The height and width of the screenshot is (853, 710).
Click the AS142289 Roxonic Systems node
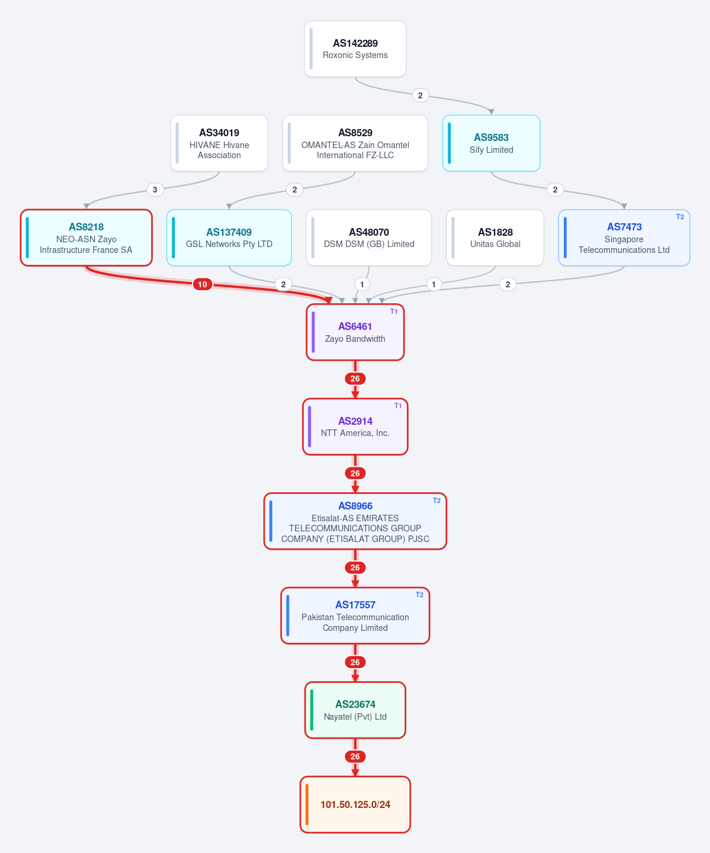[355, 49]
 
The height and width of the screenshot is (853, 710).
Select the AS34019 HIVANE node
[219, 143]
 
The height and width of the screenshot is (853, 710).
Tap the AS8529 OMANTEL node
[355, 143]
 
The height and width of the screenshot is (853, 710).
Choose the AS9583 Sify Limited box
[491, 143]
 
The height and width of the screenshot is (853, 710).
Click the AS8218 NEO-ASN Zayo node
[86, 238]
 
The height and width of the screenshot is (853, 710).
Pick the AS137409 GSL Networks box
[229, 238]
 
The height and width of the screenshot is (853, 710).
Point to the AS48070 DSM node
[369, 238]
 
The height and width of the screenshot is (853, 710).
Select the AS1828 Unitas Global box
[495, 238]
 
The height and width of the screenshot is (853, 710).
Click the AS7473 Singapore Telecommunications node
[624, 238]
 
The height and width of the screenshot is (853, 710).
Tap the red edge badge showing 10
[202, 284]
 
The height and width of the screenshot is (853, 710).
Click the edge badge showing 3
[155, 190]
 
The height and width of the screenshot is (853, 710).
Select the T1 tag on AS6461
[394, 312]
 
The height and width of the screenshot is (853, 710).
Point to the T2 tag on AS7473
[680, 217]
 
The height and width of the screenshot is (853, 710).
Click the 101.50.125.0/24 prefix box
[355, 804]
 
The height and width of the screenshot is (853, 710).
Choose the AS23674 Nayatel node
[355, 710]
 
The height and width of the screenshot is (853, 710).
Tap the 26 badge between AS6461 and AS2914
[355, 379]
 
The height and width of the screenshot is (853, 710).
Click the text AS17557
[355, 605]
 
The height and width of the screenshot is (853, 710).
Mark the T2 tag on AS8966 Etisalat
[436, 501]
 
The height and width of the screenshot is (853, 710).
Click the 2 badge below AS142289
[420, 95]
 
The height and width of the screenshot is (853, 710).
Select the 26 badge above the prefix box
[355, 756]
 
